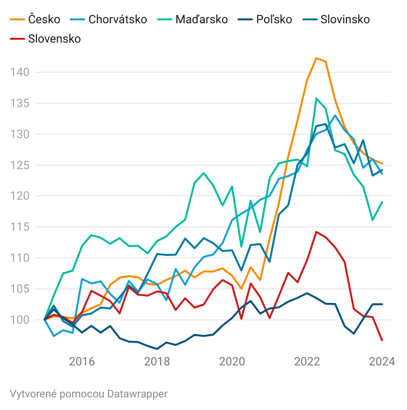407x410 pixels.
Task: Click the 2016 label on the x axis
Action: pyautogui.click(x=81, y=362)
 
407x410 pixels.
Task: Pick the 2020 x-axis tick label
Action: pyautogui.click(x=231, y=362)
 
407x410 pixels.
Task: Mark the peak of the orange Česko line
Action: pyautogui.click(x=316, y=58)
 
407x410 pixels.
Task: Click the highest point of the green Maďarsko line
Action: pyautogui.click(x=316, y=98)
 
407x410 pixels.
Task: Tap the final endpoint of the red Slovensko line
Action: pyautogui.click(x=382, y=340)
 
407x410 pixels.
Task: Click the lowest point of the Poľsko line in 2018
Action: pyautogui.click(x=157, y=348)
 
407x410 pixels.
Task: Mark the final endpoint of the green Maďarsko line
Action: pyautogui.click(x=382, y=202)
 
